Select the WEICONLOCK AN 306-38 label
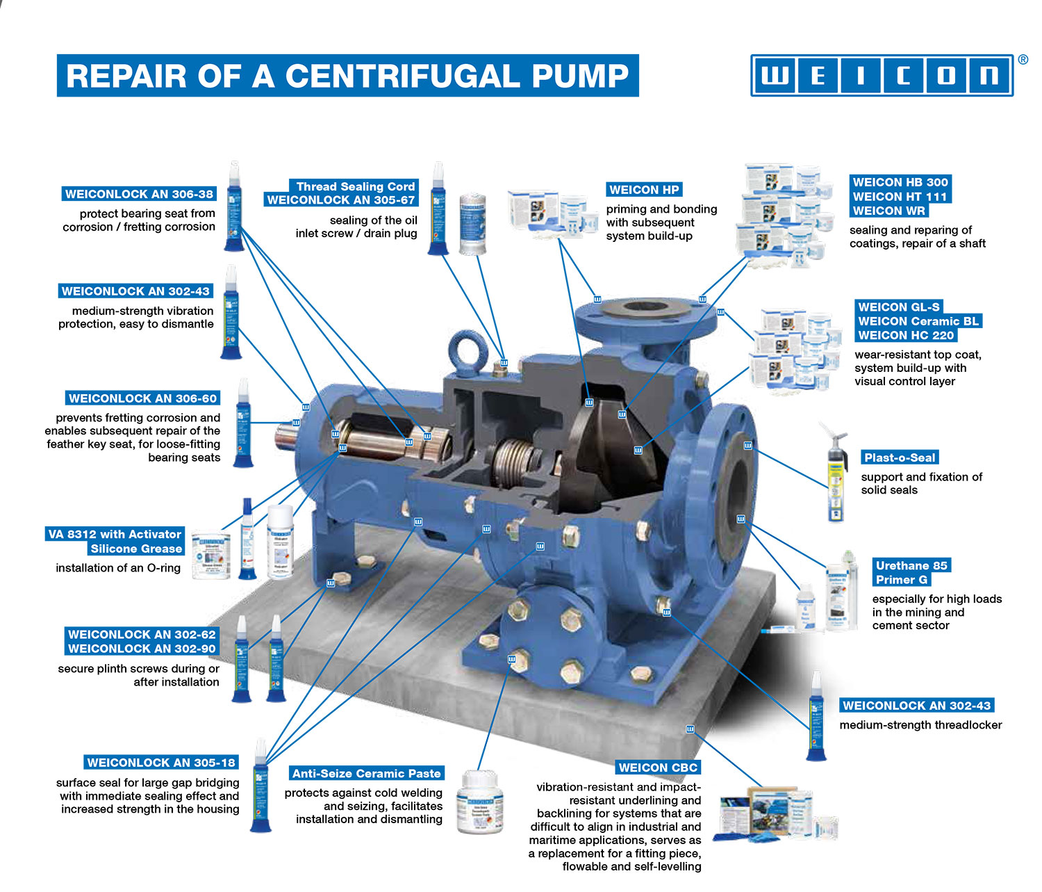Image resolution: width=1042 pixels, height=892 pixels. click(x=139, y=194)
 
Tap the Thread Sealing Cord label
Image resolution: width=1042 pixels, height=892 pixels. click(x=355, y=186)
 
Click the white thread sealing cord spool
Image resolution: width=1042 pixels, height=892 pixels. click(x=472, y=223)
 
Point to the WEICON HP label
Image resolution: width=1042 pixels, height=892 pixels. click(x=644, y=190)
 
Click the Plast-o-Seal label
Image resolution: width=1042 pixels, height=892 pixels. click(x=900, y=457)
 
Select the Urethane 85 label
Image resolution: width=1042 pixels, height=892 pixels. click(x=911, y=565)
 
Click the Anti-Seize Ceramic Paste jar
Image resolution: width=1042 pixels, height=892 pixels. click(x=479, y=802)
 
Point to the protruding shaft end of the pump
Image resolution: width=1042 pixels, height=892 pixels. click(x=286, y=436)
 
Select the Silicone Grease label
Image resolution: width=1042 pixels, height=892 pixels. click(x=136, y=549)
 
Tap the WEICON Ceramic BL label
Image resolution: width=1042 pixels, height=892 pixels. click(x=918, y=321)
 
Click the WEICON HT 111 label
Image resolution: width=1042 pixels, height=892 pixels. click(x=900, y=197)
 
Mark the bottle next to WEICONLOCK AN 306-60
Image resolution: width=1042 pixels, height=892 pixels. click(x=243, y=424)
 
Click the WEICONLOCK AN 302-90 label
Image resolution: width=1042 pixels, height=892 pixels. click(x=142, y=649)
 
